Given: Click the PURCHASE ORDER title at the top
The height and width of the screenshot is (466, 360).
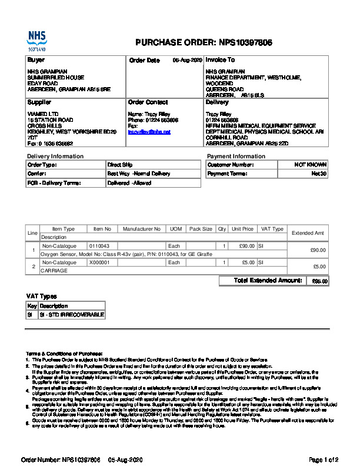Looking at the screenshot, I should [204, 42].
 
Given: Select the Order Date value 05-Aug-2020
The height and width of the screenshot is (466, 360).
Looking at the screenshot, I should [187, 61].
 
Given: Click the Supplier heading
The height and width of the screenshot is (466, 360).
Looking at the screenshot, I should [40, 102].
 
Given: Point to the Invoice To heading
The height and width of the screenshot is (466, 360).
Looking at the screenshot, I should [220, 60].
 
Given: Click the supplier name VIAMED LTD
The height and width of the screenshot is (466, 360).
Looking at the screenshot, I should [43, 114].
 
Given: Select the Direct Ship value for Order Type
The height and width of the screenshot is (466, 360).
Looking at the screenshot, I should [120, 165].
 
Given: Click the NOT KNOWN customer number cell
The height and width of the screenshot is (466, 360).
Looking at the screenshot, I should [310, 165].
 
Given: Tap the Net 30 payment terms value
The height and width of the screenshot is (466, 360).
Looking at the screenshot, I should [319, 174].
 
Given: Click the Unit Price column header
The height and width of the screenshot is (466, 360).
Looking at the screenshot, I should [242, 229].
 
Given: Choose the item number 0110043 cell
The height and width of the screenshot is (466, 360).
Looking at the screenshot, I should [99, 245].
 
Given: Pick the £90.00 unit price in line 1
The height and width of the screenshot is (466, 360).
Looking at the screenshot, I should [246, 245].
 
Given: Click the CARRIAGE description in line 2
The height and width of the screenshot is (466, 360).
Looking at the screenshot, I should [54, 271].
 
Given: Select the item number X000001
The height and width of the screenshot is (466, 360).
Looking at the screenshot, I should [99, 262].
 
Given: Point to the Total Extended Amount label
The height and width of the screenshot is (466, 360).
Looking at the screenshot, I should [268, 281].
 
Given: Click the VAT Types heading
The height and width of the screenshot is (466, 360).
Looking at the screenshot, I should [41, 296].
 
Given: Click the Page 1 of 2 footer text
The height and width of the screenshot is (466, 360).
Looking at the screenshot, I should [324, 459].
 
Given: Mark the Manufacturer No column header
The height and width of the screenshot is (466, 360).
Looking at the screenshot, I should [142, 229].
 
